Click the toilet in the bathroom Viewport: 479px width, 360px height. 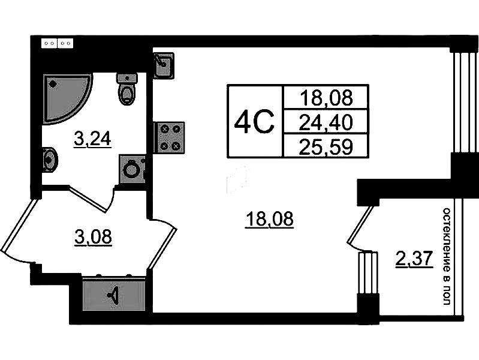127,89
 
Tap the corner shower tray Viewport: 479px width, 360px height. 67,99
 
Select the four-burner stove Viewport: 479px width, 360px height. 170,137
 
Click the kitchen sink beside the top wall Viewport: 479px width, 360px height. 164,66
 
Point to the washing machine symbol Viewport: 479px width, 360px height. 132,169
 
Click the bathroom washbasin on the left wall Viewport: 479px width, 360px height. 50,159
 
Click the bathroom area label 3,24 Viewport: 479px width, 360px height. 92,140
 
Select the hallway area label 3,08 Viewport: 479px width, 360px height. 93,237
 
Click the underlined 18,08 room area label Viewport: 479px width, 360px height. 269,220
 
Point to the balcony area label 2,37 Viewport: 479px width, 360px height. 414,259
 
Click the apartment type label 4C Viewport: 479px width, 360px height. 254,122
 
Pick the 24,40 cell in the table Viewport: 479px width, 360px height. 326,121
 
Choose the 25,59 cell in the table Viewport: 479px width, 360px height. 326,146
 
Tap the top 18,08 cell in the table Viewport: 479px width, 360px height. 326,97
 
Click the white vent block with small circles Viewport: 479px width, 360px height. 57,43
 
